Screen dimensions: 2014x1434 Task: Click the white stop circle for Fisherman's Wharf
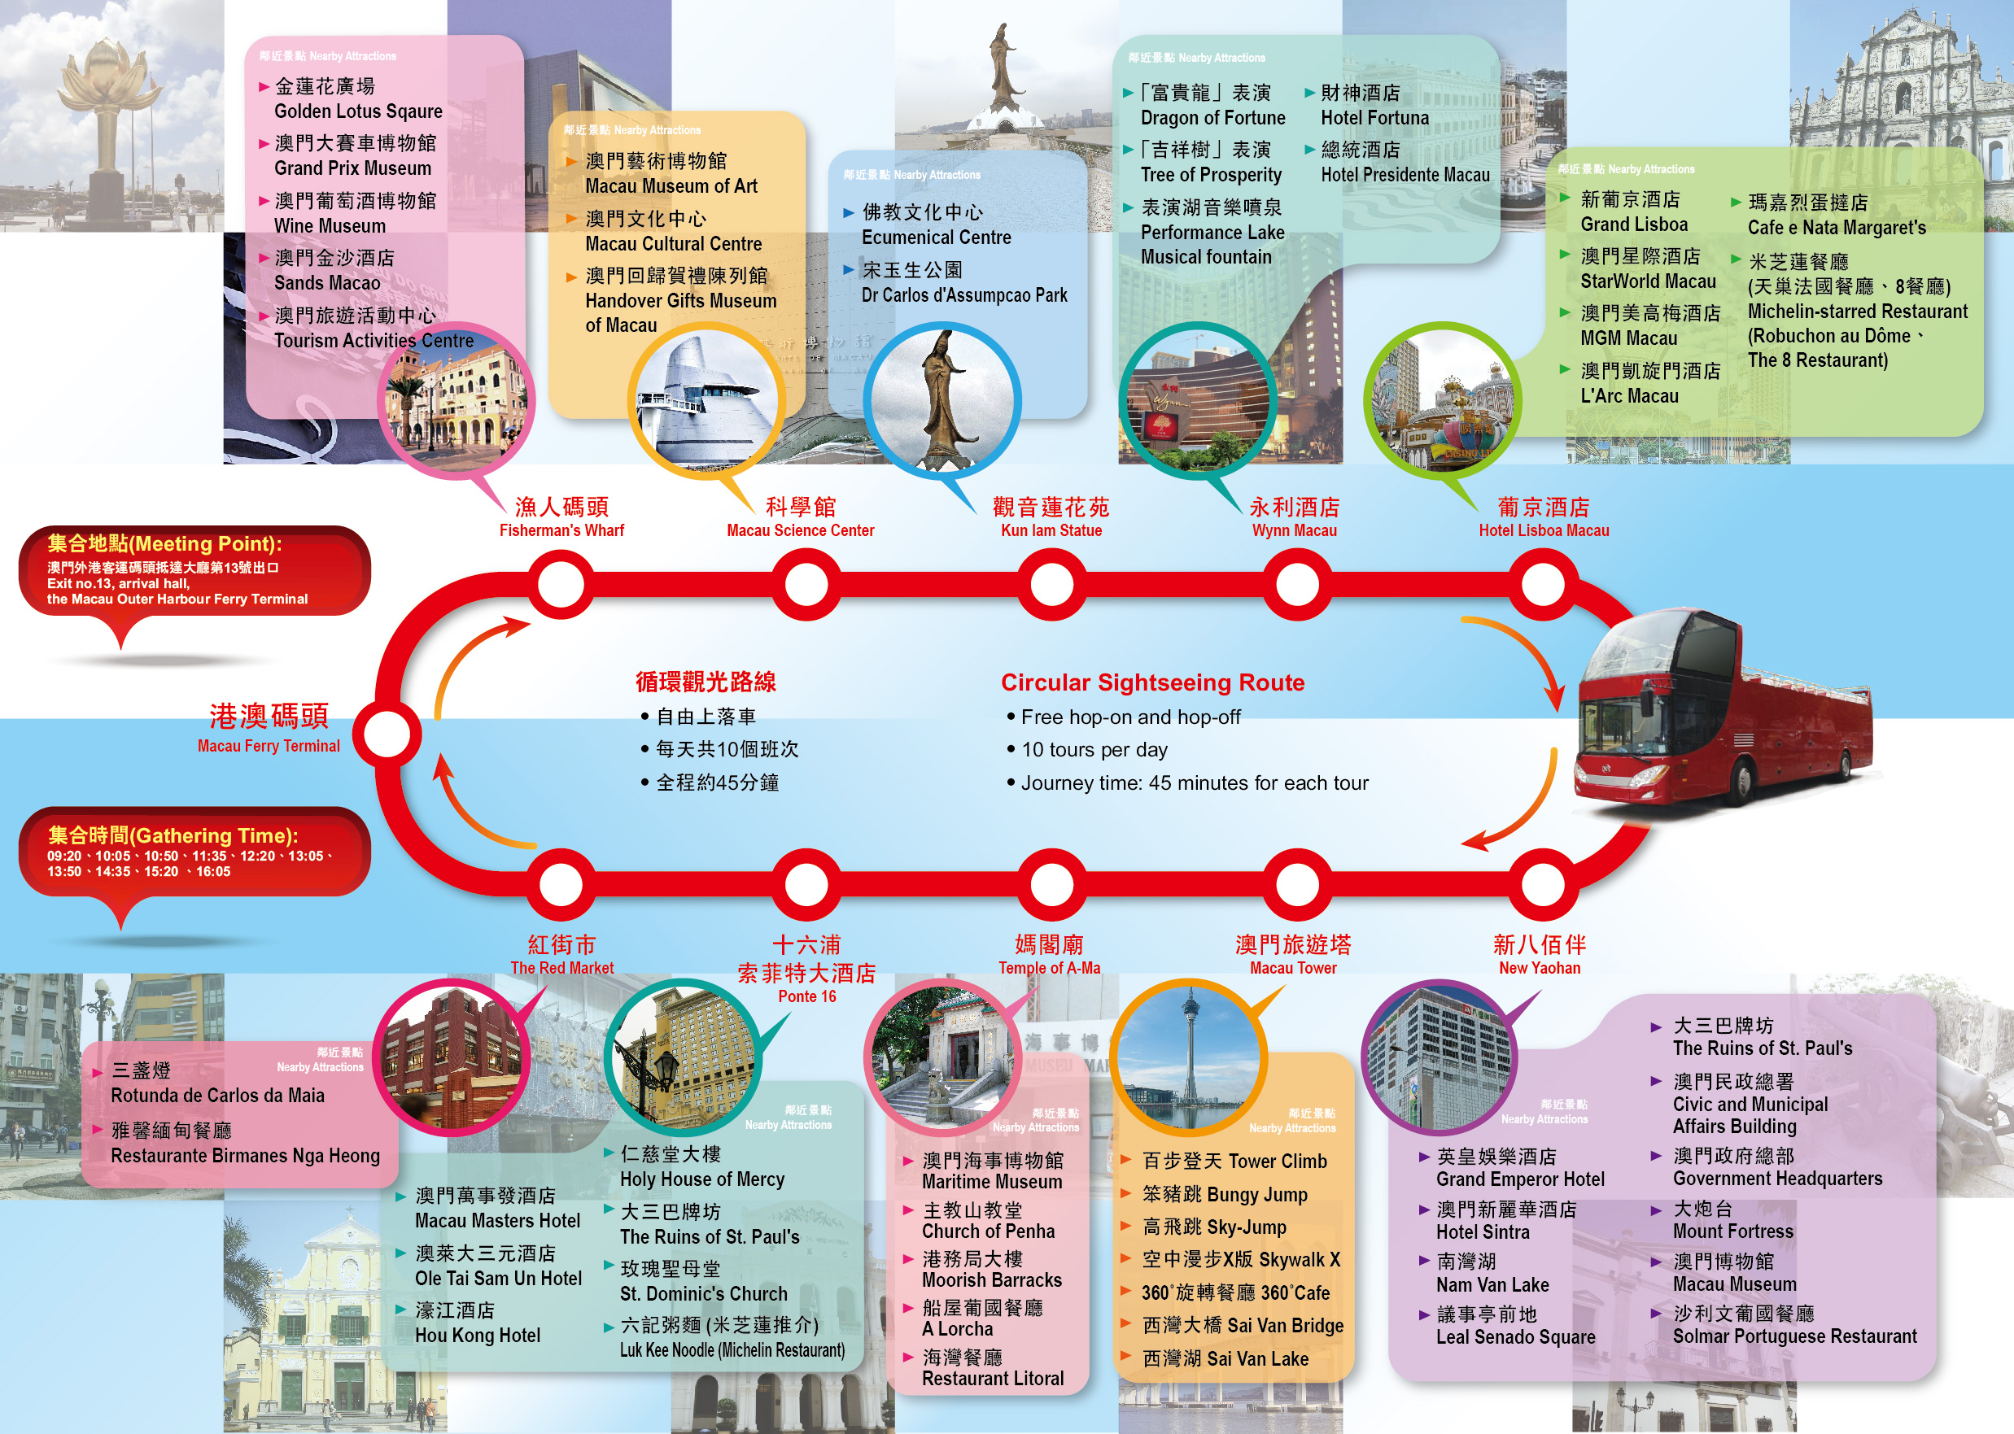point(561,585)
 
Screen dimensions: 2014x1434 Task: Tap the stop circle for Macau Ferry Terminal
point(387,734)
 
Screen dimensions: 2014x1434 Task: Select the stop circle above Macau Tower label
point(1297,884)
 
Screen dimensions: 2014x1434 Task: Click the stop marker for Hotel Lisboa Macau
point(1542,585)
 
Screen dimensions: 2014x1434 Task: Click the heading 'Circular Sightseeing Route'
point(1152,682)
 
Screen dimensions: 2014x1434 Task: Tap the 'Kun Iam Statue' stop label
point(1051,530)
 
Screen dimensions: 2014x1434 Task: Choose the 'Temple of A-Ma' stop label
point(1050,968)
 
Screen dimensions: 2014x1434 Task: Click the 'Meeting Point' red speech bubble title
point(165,544)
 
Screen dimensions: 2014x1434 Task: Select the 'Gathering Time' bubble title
point(173,835)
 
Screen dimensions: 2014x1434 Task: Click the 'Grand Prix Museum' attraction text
point(352,168)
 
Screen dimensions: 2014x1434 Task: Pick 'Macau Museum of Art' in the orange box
point(671,185)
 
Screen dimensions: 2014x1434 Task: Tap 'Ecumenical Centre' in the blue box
point(937,237)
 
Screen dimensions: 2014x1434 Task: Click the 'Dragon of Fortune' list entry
point(1212,117)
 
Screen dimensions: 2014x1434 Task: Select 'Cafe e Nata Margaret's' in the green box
point(1837,227)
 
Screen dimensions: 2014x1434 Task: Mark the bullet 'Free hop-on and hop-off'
point(1129,717)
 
